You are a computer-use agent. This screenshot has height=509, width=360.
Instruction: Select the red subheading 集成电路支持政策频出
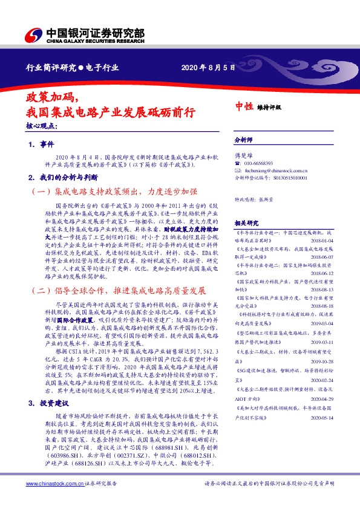click(x=114, y=192)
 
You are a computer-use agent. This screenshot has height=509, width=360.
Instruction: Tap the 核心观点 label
click(x=42, y=126)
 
